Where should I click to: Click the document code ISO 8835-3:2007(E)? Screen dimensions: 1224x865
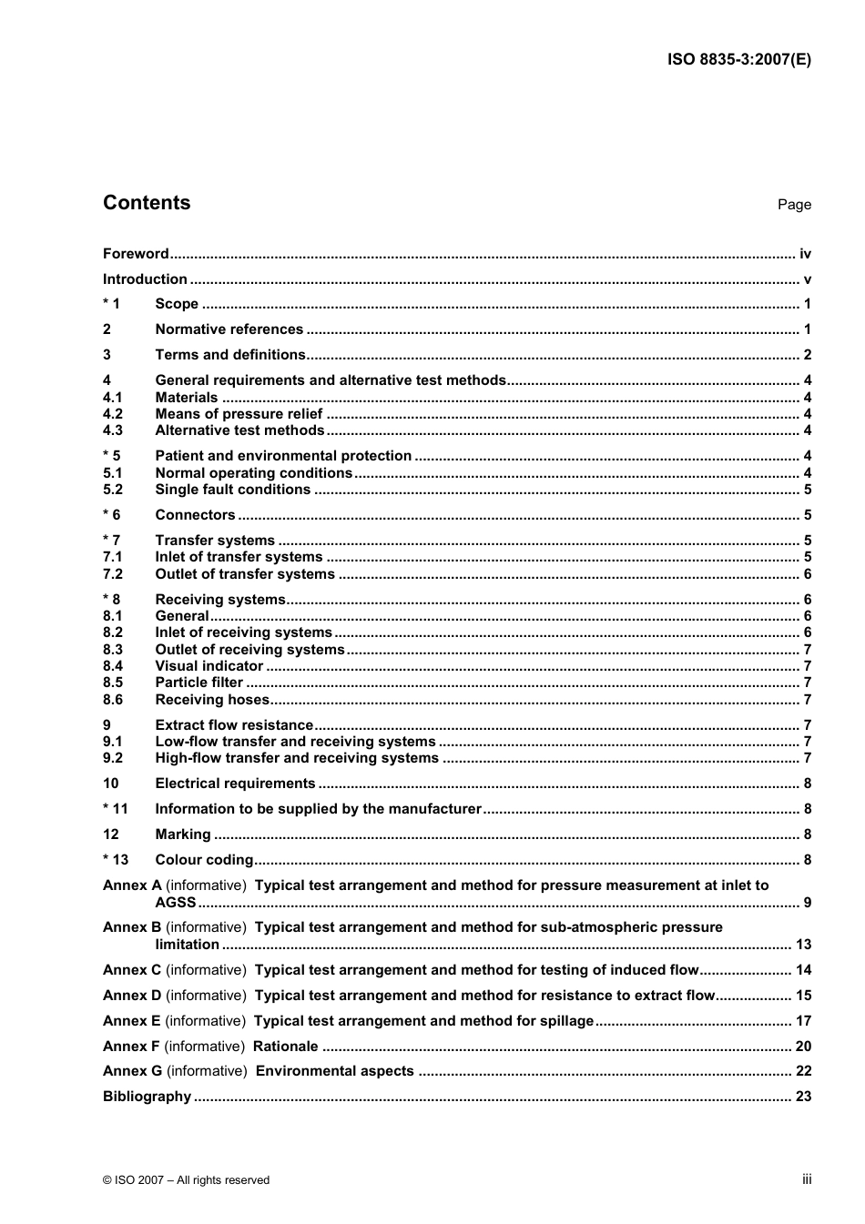coord(738,60)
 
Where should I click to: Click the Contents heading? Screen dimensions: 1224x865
coord(147,203)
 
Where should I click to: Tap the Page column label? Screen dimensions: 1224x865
coord(793,205)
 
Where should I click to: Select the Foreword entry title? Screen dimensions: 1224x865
coord(136,254)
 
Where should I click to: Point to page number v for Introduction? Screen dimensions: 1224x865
coord(807,279)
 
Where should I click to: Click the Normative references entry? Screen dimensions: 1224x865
coord(229,329)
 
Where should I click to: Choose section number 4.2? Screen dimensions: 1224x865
coord(113,414)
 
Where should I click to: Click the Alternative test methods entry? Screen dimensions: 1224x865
coord(239,430)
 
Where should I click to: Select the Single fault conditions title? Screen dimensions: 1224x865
coord(232,490)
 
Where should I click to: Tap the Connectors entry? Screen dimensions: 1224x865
coord(195,515)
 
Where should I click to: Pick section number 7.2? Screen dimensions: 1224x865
coord(113,574)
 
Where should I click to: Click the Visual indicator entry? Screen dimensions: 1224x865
coord(209,666)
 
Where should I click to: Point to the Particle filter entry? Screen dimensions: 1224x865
coord(198,683)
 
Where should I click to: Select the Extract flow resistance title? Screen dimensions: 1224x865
coord(234,725)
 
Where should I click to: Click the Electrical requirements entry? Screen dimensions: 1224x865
coord(235,784)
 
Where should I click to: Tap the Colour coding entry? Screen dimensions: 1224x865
coord(204,860)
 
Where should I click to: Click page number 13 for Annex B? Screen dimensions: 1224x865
coord(803,945)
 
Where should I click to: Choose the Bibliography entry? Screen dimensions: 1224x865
coord(147,1097)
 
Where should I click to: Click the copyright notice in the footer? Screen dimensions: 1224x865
coord(186,1180)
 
